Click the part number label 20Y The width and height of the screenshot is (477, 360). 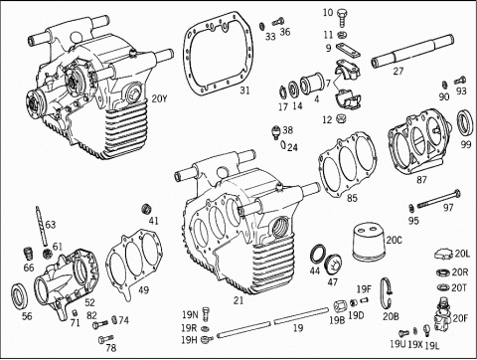point(159,98)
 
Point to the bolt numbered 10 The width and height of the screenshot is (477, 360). point(342,18)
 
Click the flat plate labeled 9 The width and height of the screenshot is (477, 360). point(348,51)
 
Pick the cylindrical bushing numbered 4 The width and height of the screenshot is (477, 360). point(312,85)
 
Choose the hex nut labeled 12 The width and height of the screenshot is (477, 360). point(339,118)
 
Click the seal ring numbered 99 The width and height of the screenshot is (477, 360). point(465,121)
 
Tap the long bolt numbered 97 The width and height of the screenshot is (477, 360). point(439,200)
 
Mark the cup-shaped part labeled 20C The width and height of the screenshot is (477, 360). point(369,242)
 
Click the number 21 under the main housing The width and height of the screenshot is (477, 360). point(238,300)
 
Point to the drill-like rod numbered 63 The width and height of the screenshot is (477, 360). point(41,226)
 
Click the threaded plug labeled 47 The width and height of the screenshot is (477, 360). point(334,265)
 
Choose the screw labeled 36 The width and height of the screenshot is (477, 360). point(278,22)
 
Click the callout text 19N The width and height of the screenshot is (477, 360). point(190,314)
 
